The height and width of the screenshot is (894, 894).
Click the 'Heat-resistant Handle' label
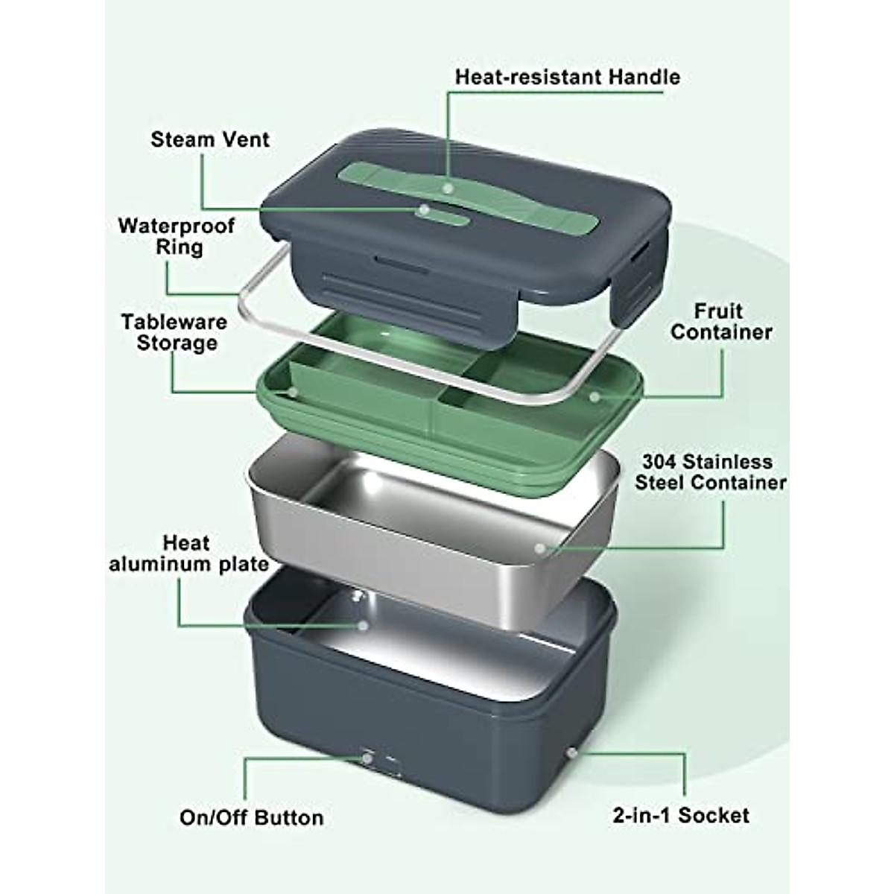(568, 77)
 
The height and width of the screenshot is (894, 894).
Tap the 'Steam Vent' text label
(210, 139)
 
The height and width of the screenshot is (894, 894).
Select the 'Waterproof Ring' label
(177, 236)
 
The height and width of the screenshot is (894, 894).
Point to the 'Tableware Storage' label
(174, 332)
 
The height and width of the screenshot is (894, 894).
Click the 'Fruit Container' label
(720, 321)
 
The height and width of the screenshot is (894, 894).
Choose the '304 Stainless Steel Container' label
(710, 472)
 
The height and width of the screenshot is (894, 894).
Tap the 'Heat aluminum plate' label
(189, 554)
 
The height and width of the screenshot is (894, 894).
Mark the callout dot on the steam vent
(424, 211)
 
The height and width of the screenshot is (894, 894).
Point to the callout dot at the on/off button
(367, 758)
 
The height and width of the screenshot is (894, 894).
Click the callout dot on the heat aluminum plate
(363, 626)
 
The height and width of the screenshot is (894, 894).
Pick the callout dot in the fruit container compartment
(593, 396)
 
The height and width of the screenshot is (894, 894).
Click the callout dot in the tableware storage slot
(293, 391)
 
